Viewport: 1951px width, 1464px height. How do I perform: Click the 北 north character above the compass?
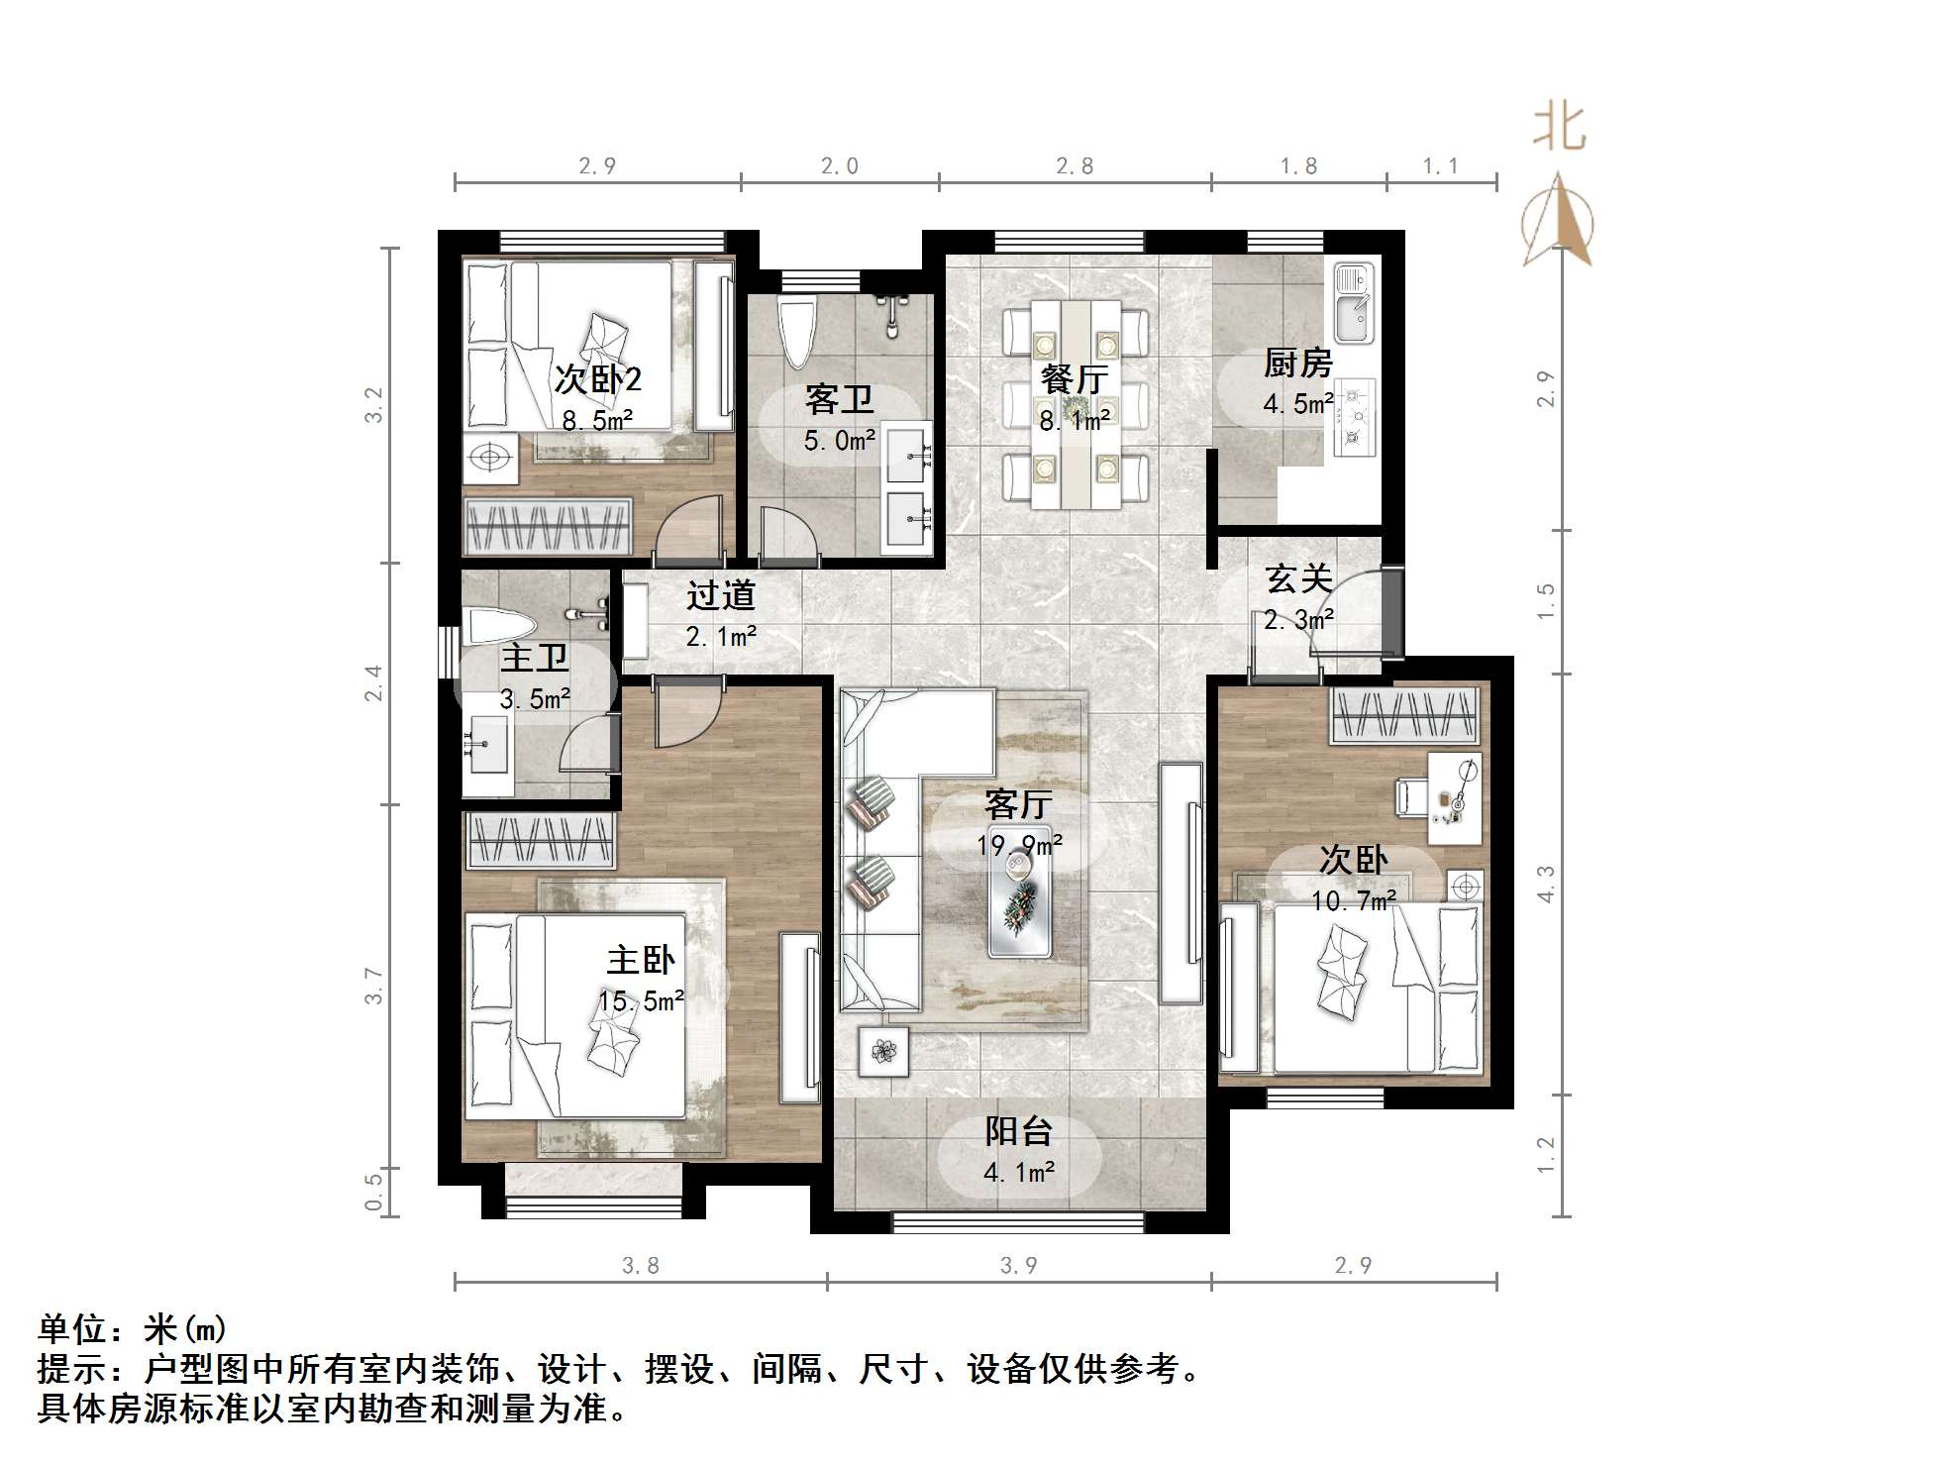coord(1559,129)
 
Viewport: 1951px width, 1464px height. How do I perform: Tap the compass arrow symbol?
coord(1558,222)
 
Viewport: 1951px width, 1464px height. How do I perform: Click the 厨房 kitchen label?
coord(1297,364)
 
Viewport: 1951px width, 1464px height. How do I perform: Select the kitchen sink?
coord(1353,301)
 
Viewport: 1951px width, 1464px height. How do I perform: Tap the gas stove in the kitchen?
coord(1353,416)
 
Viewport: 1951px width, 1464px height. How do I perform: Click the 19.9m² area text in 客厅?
coord(1019,845)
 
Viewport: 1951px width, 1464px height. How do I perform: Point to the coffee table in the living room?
coord(1019,903)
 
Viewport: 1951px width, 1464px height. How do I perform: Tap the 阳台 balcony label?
coord(1018,1131)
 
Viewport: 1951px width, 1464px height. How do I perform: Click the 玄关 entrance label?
coord(1298,578)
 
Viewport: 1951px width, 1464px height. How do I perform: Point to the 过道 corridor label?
coord(721,595)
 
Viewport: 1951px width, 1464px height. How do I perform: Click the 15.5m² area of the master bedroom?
coord(641,1001)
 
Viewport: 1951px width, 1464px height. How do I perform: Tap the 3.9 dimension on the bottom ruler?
coord(1018,1265)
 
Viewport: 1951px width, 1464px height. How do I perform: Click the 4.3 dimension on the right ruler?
coord(1546,884)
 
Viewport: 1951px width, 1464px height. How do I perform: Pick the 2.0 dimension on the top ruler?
coord(839,166)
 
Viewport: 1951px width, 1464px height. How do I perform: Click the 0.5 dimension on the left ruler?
coord(373,1193)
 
